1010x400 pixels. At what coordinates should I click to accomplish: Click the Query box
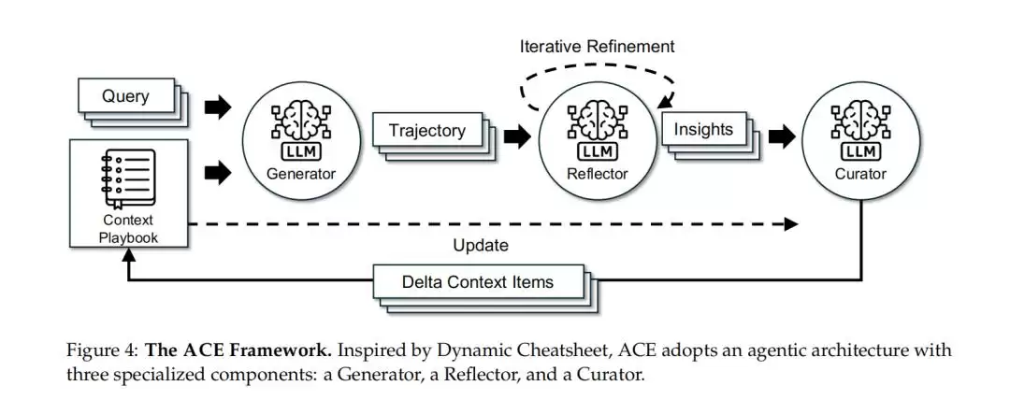pos(125,96)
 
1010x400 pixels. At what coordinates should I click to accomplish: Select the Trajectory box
pos(426,130)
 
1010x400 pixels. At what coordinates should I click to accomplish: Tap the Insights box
pos(703,130)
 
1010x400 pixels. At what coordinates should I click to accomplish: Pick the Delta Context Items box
pos(478,281)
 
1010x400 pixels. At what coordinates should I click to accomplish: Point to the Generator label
pos(300,173)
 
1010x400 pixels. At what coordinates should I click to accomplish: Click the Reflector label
pos(597,173)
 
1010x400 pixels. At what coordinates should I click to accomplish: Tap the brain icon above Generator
pos(300,121)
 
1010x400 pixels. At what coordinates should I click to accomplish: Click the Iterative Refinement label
pos(597,46)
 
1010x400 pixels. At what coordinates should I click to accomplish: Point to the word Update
pos(481,246)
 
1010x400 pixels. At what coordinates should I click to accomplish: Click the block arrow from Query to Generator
pos(217,107)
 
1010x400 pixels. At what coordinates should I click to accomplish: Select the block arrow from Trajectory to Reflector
pos(516,137)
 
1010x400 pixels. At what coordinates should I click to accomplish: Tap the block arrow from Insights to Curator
pos(782,137)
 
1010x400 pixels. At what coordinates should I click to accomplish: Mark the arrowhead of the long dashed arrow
pos(792,224)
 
